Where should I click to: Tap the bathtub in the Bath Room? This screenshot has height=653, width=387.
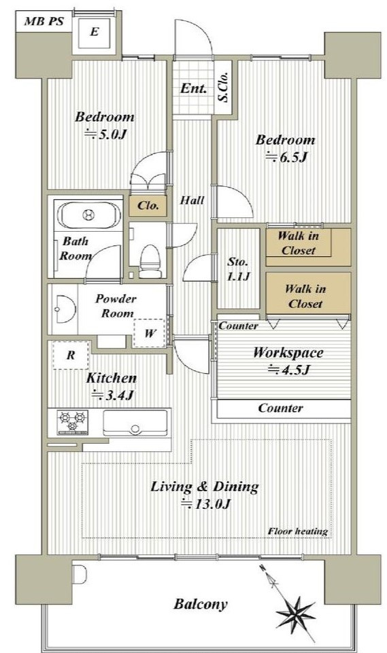coord(88,215)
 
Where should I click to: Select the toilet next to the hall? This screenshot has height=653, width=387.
coord(150,261)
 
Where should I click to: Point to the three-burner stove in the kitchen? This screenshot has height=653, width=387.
coord(73,422)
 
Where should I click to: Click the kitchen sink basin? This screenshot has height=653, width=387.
coord(135,423)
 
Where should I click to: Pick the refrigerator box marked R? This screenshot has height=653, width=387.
coord(71,355)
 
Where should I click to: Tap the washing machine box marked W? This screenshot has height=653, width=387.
coord(150,333)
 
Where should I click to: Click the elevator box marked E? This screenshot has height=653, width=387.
coord(95,32)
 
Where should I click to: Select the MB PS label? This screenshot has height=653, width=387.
coord(44,21)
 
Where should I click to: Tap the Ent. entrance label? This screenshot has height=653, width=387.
coord(193,88)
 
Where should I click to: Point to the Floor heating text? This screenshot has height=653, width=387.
coord(298,531)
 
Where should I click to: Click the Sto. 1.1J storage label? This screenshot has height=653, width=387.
coord(239,269)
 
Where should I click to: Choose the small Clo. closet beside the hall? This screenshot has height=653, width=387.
coord(148,205)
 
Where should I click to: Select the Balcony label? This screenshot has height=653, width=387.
coord(201,604)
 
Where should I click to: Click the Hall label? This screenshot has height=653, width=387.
coord(192,200)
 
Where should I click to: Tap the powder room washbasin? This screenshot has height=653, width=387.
coord(65,309)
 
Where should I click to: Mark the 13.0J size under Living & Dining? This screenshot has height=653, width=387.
coord(205,504)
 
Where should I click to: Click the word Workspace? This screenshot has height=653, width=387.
coord(288,352)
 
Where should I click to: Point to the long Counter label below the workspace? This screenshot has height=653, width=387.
coord(280,408)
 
